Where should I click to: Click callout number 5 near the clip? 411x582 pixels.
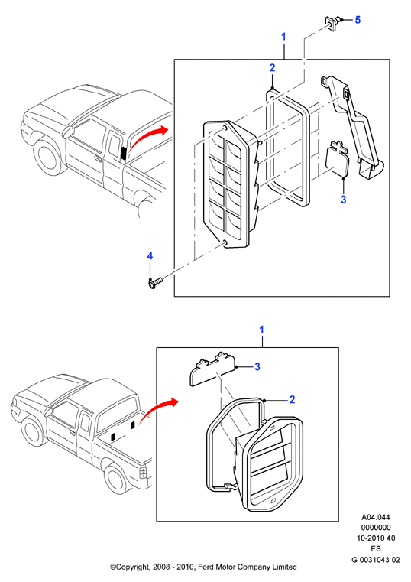(x=358, y=20)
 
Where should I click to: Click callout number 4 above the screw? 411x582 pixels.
(x=150, y=255)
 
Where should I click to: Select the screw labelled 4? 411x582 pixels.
(x=155, y=283)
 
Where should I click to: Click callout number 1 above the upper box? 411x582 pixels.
(x=284, y=37)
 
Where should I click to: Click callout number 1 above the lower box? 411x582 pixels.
(x=261, y=330)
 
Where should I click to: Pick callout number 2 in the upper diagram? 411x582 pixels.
(x=273, y=68)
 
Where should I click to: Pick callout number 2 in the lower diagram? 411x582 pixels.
(x=292, y=399)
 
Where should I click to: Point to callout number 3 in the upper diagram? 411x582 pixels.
(x=344, y=200)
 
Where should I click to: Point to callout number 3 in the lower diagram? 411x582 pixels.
(x=257, y=367)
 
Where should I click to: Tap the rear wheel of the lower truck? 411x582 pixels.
(x=115, y=481)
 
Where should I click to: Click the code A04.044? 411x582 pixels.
(x=376, y=517)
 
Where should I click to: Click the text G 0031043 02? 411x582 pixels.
(x=376, y=559)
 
